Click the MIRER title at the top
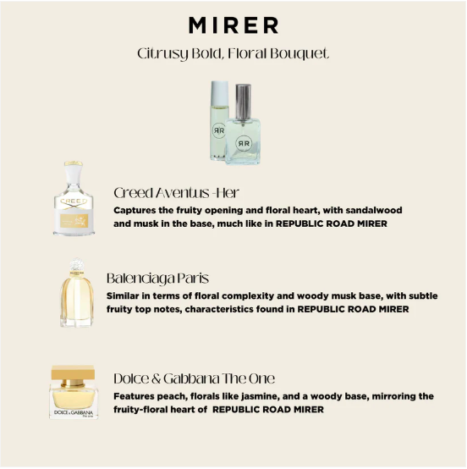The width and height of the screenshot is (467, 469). [233, 24]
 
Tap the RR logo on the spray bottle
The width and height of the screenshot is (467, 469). [245, 141]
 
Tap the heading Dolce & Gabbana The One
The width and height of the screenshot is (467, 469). [194, 378]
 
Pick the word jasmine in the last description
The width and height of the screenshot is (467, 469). [275, 396]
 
